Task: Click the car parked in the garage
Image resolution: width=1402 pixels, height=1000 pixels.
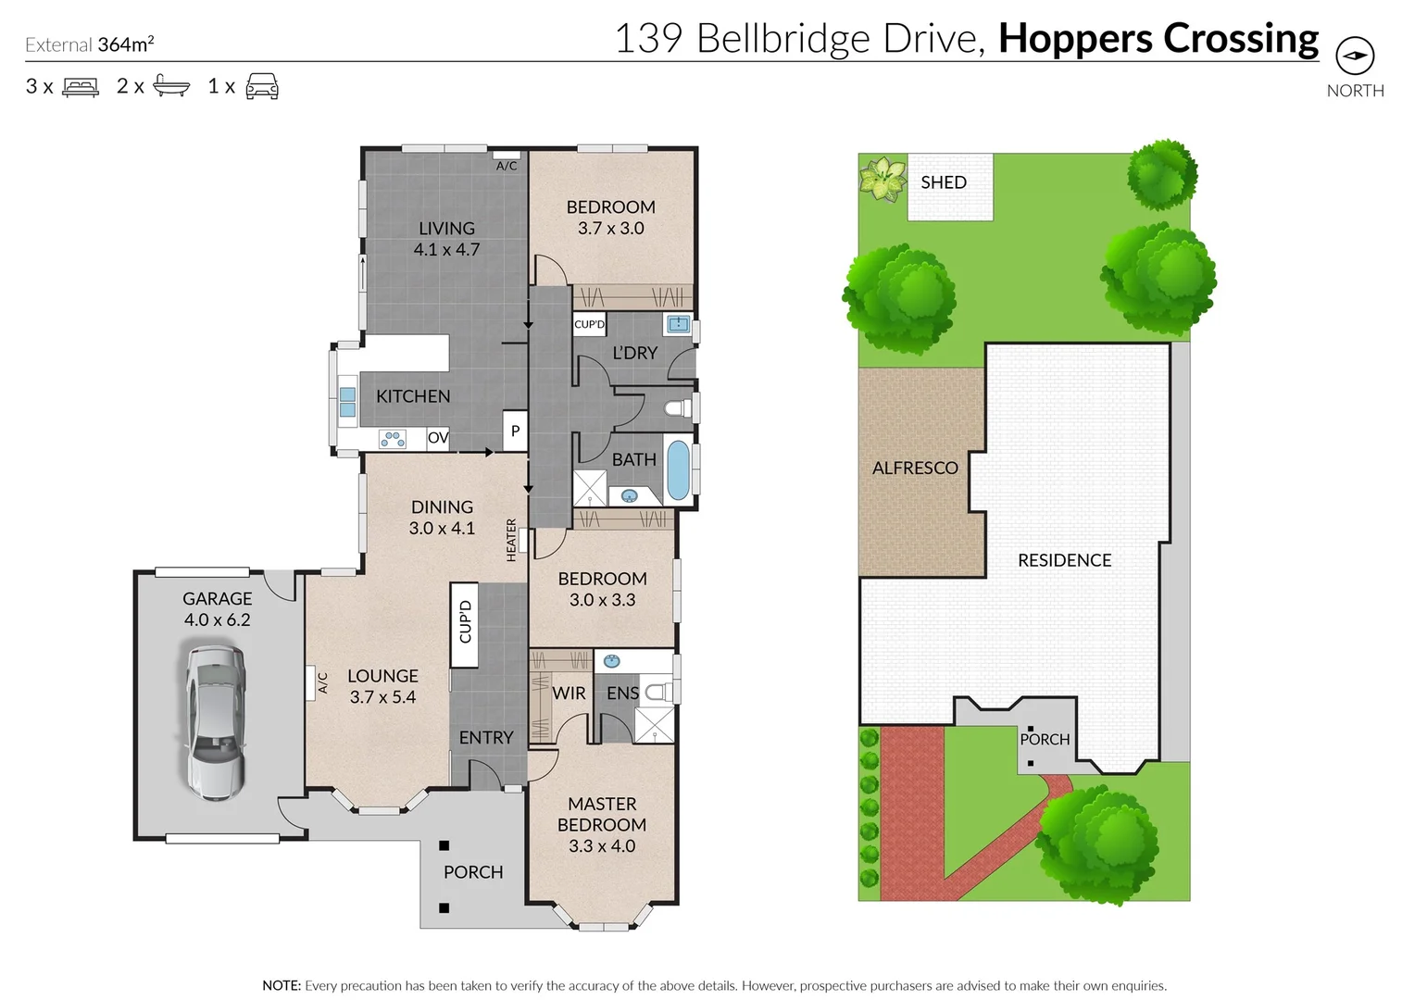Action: click(216, 722)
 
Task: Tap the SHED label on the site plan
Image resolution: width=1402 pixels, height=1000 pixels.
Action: click(943, 182)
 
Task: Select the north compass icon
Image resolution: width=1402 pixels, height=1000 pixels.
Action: click(1355, 56)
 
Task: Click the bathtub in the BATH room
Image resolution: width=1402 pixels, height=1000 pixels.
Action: click(678, 469)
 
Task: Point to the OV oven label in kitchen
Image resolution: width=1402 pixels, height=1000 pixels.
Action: click(438, 437)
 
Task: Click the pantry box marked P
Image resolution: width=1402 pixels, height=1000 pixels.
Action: click(515, 431)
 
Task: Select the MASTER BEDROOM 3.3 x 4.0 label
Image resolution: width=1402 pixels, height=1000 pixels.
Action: click(602, 824)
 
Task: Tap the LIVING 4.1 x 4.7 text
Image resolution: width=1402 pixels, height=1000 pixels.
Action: click(446, 238)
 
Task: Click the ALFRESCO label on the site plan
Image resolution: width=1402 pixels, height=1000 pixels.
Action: click(915, 468)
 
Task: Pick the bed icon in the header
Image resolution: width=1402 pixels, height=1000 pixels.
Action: click(81, 87)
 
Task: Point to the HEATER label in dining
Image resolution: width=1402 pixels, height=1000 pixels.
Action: click(511, 540)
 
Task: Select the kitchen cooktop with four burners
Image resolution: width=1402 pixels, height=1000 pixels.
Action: click(393, 439)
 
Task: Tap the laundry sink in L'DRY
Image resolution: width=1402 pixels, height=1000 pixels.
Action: click(679, 324)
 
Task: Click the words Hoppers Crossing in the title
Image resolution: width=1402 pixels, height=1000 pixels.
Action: click(1158, 38)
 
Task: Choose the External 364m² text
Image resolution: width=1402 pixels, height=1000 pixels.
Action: click(90, 44)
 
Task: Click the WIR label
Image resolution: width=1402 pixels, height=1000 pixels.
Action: click(569, 693)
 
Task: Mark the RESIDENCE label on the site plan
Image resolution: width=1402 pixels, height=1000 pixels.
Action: click(1064, 560)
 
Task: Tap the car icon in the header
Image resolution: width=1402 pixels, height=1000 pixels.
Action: click(262, 86)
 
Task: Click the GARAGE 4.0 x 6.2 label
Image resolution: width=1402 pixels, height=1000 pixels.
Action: click(217, 609)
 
